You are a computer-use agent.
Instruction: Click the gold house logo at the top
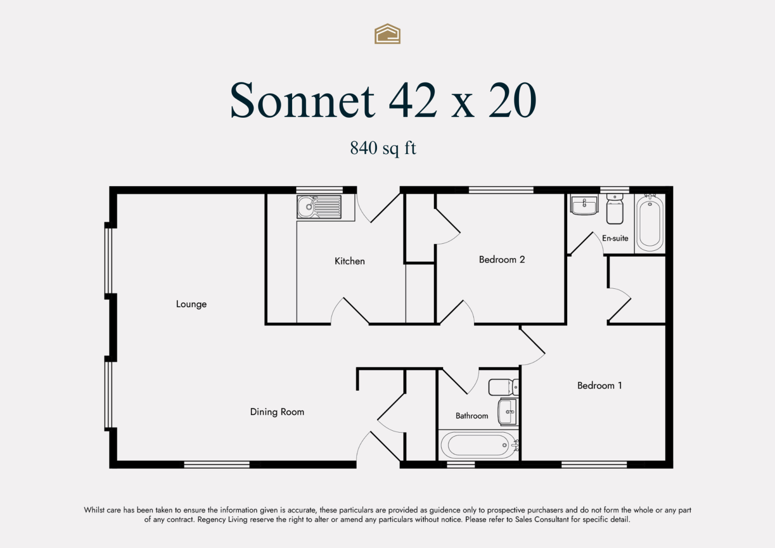387,34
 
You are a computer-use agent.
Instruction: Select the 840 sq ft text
383,148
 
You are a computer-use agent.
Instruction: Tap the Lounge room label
191,304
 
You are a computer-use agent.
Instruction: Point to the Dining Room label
277,412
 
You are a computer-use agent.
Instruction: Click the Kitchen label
349,261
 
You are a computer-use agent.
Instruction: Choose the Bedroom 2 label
502,259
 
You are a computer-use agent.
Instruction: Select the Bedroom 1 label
600,385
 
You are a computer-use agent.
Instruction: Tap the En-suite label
615,238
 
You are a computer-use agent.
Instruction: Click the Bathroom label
472,416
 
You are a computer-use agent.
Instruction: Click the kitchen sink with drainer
319,207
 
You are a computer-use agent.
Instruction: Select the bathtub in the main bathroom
479,445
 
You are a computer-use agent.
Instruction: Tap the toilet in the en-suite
615,209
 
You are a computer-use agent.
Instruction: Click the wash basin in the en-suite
584,205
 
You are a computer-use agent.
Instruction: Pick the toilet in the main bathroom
503,387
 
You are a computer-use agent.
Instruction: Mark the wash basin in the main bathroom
508,412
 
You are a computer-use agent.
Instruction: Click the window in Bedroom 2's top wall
501,190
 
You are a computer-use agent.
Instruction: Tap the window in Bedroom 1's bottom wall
594,465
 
